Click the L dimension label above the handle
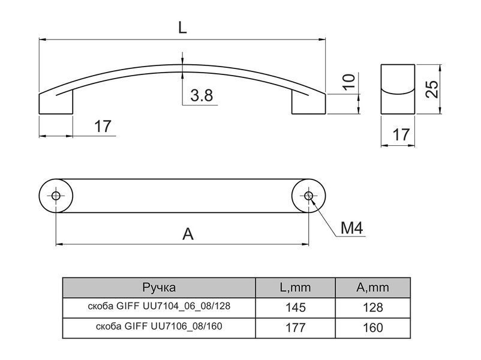[x=182, y=28]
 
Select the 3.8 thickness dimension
[x=202, y=95]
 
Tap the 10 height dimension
[x=349, y=82]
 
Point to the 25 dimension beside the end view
[x=432, y=89]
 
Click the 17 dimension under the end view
[x=401, y=135]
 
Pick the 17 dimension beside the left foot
[x=103, y=127]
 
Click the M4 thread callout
[x=352, y=228]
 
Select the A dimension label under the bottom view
[x=188, y=235]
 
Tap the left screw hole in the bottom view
[x=56, y=196]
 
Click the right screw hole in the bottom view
[x=308, y=196]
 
